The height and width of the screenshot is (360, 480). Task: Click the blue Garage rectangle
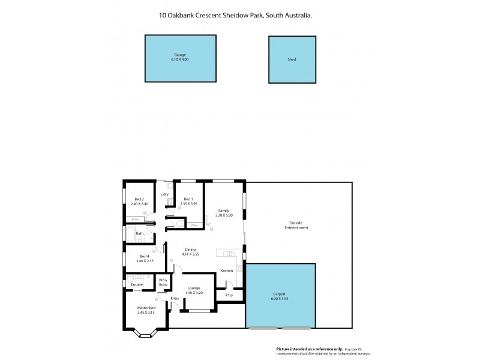point(180,58)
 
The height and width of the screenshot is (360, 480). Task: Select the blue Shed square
point(292,59)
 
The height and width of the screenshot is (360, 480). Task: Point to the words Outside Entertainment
point(296,226)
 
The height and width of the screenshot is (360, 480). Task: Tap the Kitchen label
point(226,271)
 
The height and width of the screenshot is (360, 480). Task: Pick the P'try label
point(229,295)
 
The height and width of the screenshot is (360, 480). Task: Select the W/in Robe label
point(163,282)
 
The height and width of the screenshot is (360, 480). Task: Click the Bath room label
point(139,233)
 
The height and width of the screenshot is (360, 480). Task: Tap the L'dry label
point(164,194)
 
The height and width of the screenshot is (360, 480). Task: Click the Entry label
point(175,298)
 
